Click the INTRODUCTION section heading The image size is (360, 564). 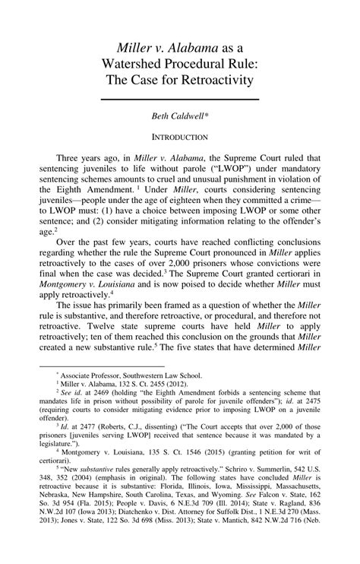point(179,138)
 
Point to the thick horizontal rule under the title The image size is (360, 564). point(179,99)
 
